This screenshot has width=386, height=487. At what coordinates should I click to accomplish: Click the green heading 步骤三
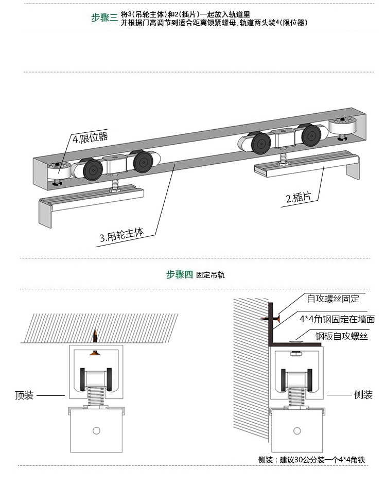pyautogui.click(x=104, y=18)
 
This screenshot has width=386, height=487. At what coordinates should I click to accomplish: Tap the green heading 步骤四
pyautogui.click(x=179, y=274)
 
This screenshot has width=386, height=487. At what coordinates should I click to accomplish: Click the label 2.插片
pyautogui.click(x=299, y=197)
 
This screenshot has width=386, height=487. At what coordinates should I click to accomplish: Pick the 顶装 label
pyautogui.click(x=24, y=395)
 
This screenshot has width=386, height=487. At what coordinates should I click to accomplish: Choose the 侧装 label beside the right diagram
pyautogui.click(x=363, y=395)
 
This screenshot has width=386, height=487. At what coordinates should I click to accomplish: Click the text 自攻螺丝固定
pyautogui.click(x=333, y=299)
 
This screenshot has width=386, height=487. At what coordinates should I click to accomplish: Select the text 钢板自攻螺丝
pyautogui.click(x=342, y=336)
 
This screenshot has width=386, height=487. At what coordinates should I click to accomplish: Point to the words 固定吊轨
pyautogui.click(x=210, y=275)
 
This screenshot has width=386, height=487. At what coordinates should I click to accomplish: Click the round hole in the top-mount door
pyautogui.click(x=96, y=430)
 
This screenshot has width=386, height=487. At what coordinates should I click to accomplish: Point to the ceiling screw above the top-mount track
pyautogui.click(x=94, y=338)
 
